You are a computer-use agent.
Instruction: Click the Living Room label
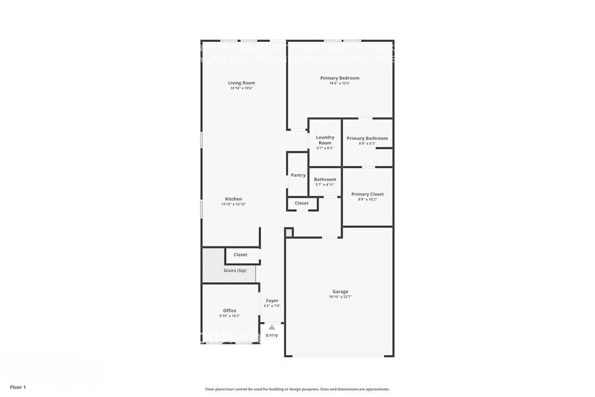click(x=242, y=83)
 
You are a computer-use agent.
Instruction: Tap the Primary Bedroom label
click(x=339, y=78)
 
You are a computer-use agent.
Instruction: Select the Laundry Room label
click(x=325, y=140)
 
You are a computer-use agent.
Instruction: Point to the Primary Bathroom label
click(x=367, y=138)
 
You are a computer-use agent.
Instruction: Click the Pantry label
click(x=298, y=176)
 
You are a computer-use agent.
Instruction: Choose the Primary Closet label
click(x=368, y=194)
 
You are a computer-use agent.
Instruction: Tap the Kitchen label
click(x=233, y=199)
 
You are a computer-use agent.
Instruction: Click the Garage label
click(x=339, y=292)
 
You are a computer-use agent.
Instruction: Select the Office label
click(x=229, y=311)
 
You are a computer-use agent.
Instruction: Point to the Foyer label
click(x=272, y=300)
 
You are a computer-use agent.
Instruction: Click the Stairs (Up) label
click(x=235, y=271)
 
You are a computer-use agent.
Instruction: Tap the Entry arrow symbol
click(x=272, y=327)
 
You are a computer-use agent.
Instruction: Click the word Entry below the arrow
click(x=272, y=335)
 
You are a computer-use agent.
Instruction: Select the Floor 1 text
click(x=18, y=387)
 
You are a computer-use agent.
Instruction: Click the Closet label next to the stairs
click(x=240, y=255)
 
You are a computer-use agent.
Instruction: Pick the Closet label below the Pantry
click(x=302, y=203)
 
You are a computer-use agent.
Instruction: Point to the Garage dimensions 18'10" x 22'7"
click(x=339, y=297)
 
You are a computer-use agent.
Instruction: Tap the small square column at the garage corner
click(x=289, y=232)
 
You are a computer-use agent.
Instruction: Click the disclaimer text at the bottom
click(x=297, y=389)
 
